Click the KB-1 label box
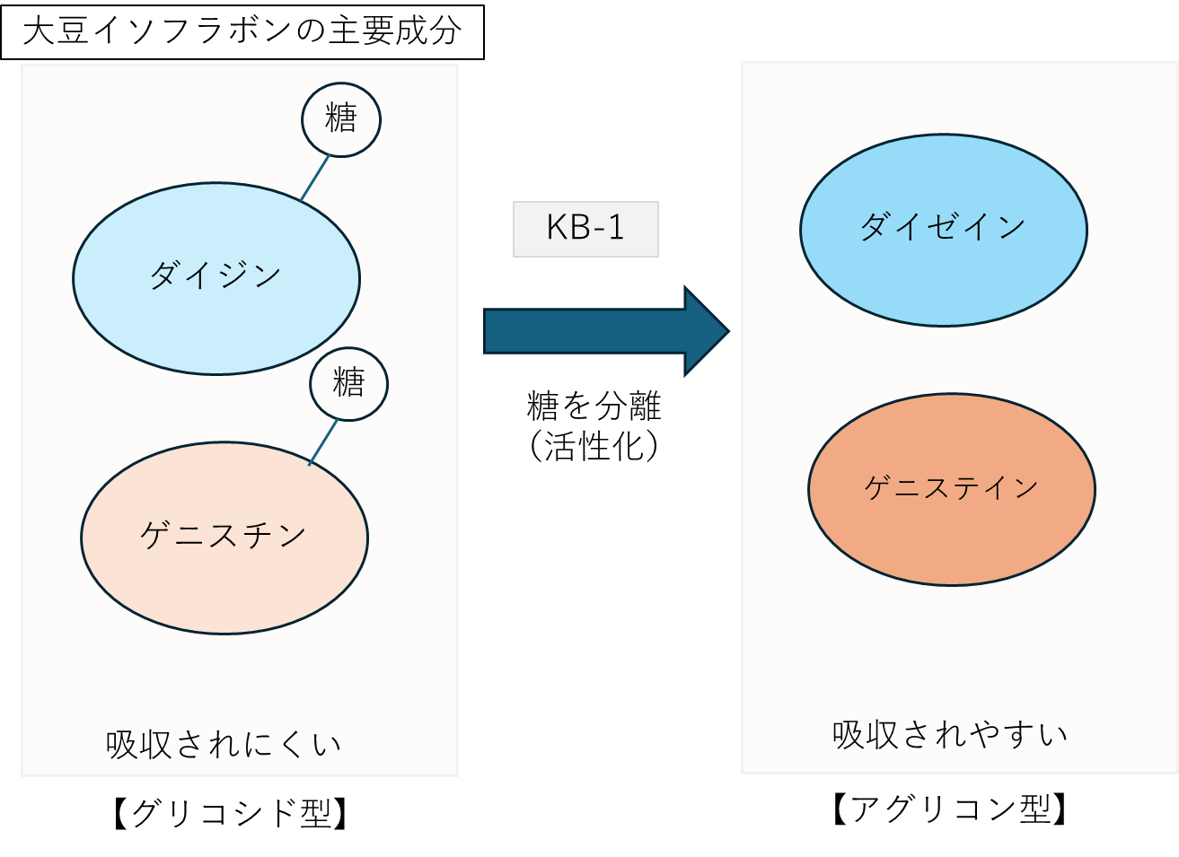click(x=585, y=229)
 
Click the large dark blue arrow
click(x=593, y=331)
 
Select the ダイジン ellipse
click(x=216, y=314)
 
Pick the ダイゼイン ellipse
click(x=943, y=269)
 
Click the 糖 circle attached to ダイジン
click(x=341, y=119)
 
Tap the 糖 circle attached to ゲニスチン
click(x=349, y=384)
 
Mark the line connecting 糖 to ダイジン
click(x=315, y=178)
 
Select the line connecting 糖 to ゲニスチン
click(x=323, y=442)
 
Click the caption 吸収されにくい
click(x=224, y=745)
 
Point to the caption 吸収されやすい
click(x=950, y=735)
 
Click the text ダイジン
click(x=216, y=275)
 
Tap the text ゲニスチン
click(x=224, y=536)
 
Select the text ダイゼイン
click(x=943, y=226)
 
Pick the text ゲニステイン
click(x=951, y=487)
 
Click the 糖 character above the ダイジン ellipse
click(x=341, y=118)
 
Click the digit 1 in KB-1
click(x=615, y=228)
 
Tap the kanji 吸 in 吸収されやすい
click(x=848, y=735)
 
